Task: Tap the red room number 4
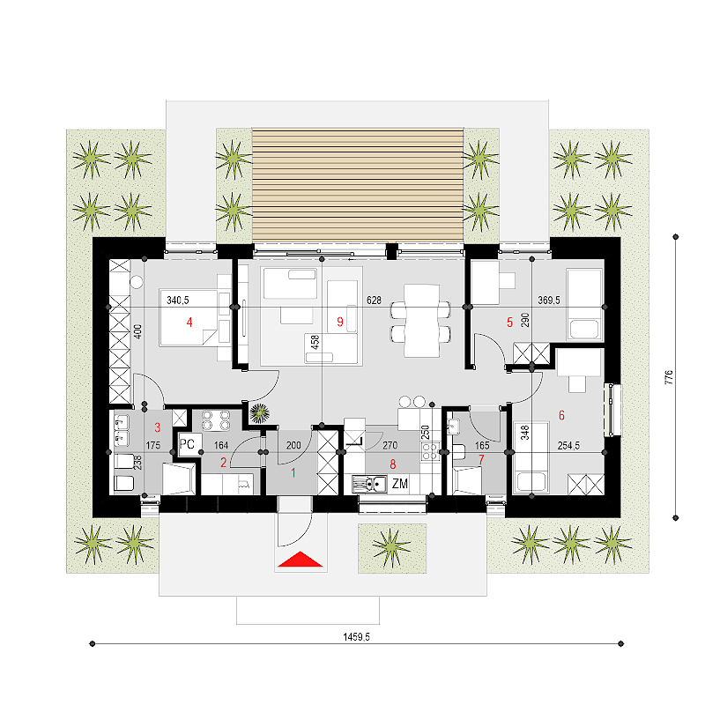(189, 322)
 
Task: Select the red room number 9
(340, 322)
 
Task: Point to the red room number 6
(561, 415)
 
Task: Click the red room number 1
(293, 472)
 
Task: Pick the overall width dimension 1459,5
(356, 636)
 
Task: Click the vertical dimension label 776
(669, 377)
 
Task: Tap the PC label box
(189, 445)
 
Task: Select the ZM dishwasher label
(400, 484)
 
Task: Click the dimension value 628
(374, 300)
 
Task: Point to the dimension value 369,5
(549, 300)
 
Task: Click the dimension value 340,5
(178, 300)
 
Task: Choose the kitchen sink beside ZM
(369, 484)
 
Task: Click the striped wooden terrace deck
(358, 185)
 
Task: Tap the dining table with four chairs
(421, 320)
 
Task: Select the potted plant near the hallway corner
(259, 412)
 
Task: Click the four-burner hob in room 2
(216, 420)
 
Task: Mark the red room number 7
(481, 459)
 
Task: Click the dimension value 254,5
(568, 446)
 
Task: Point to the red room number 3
(158, 427)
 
